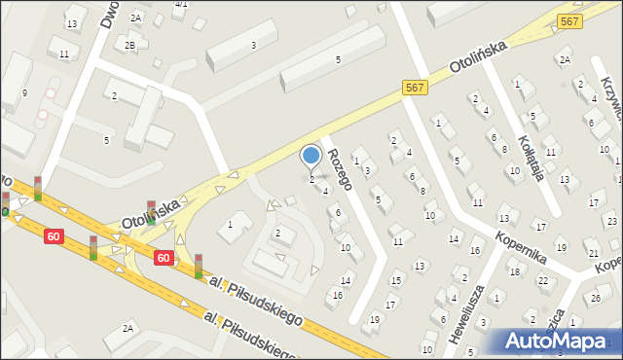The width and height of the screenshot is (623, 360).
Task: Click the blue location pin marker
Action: click(x=311, y=156)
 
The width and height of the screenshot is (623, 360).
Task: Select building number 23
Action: click(x=611, y=221)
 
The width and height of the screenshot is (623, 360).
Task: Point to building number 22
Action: click(x=543, y=281)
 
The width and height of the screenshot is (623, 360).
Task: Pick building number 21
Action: click(x=593, y=253)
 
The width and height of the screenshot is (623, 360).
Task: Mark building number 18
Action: click(x=514, y=271)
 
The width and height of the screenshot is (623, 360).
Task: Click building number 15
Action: click(x=395, y=280)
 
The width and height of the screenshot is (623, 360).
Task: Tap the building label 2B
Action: click(x=129, y=45)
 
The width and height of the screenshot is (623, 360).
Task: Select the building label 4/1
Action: click(x=180, y=5)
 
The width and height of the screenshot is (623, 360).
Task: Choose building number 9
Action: click(x=24, y=93)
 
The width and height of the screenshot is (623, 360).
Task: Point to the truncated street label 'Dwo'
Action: click(x=108, y=15)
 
